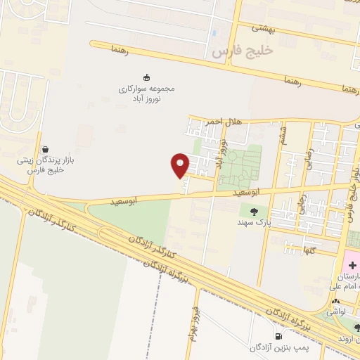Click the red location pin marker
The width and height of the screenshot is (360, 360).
tap(181, 165)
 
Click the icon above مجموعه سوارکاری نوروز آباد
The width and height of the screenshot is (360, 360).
tap(146, 77)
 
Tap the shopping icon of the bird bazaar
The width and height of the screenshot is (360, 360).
tap(46, 149)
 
